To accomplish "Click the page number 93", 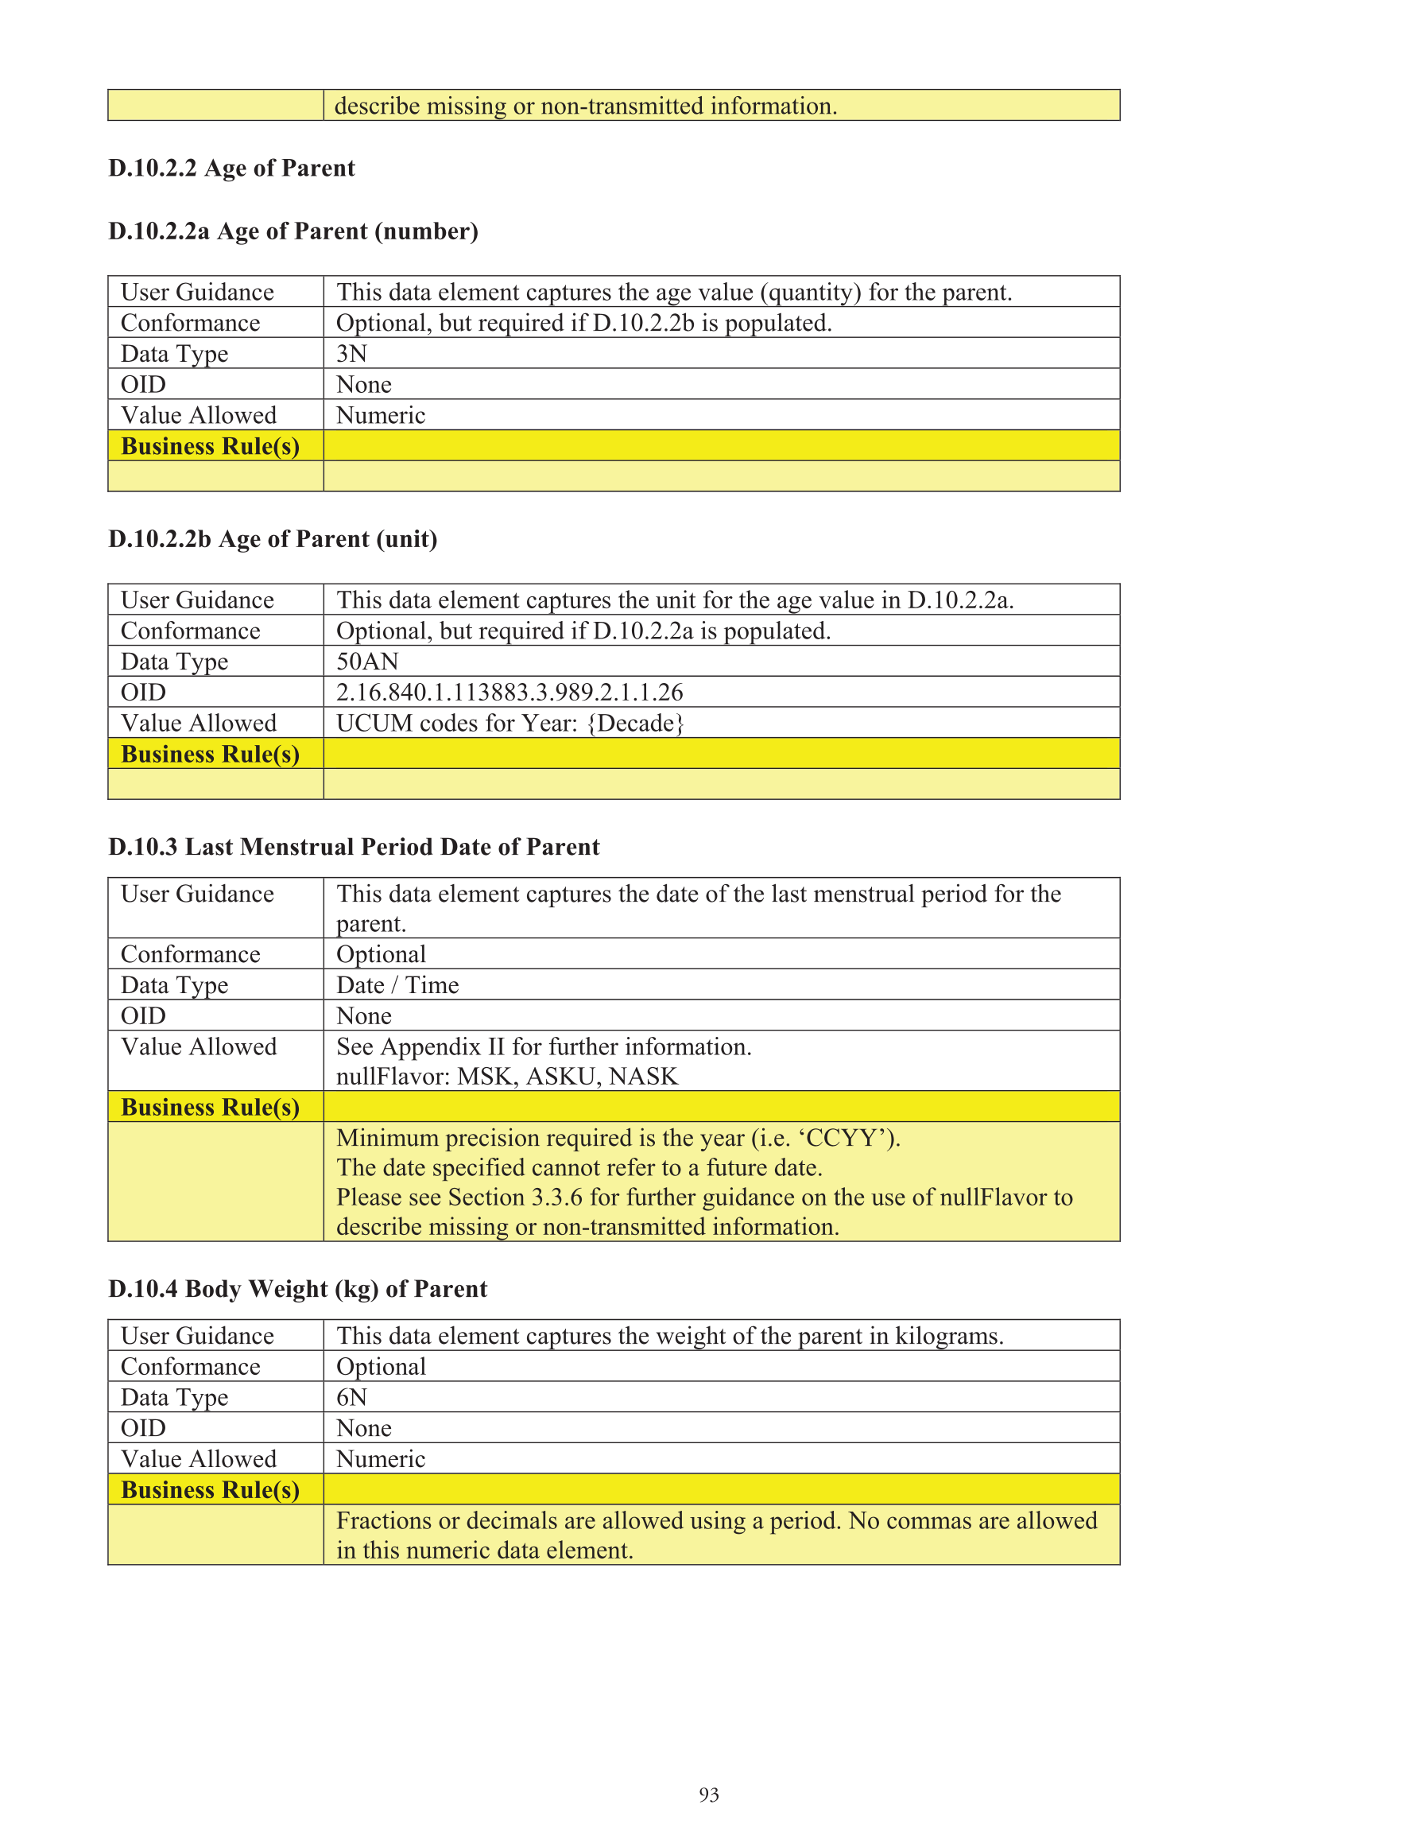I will [708, 1795].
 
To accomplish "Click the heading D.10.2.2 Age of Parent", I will [231, 168].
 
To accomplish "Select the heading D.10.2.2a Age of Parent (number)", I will [293, 231].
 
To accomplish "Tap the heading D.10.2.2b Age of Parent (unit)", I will [273, 539].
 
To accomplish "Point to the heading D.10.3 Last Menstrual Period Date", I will [354, 847].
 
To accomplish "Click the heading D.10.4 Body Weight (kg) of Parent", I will [297, 1289].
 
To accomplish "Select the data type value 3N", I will [351, 353].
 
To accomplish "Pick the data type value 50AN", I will [367, 662].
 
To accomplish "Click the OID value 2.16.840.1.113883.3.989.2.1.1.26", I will [509, 692].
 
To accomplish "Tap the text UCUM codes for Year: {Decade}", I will [510, 723].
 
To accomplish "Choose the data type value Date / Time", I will [397, 984].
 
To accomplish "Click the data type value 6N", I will [351, 1397].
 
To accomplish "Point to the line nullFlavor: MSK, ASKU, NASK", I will [507, 1076].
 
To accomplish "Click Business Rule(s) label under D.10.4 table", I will [210, 1489].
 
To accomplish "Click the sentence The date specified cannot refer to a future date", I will [579, 1167].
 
